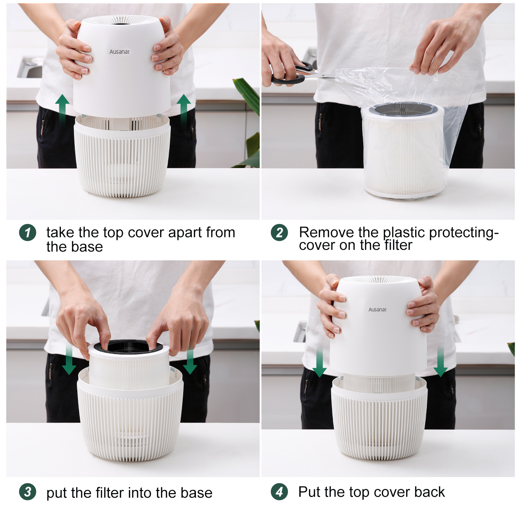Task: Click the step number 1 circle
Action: coord(27,232)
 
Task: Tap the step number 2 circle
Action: coord(279,232)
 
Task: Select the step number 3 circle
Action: coord(27,492)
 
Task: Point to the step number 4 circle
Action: coord(279,492)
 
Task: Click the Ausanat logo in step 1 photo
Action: coord(119,52)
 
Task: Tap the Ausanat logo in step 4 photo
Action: coord(377,309)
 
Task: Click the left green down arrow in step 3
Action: coord(69,360)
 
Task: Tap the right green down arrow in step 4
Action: coord(441,362)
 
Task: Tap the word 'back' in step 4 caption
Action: coord(429,492)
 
